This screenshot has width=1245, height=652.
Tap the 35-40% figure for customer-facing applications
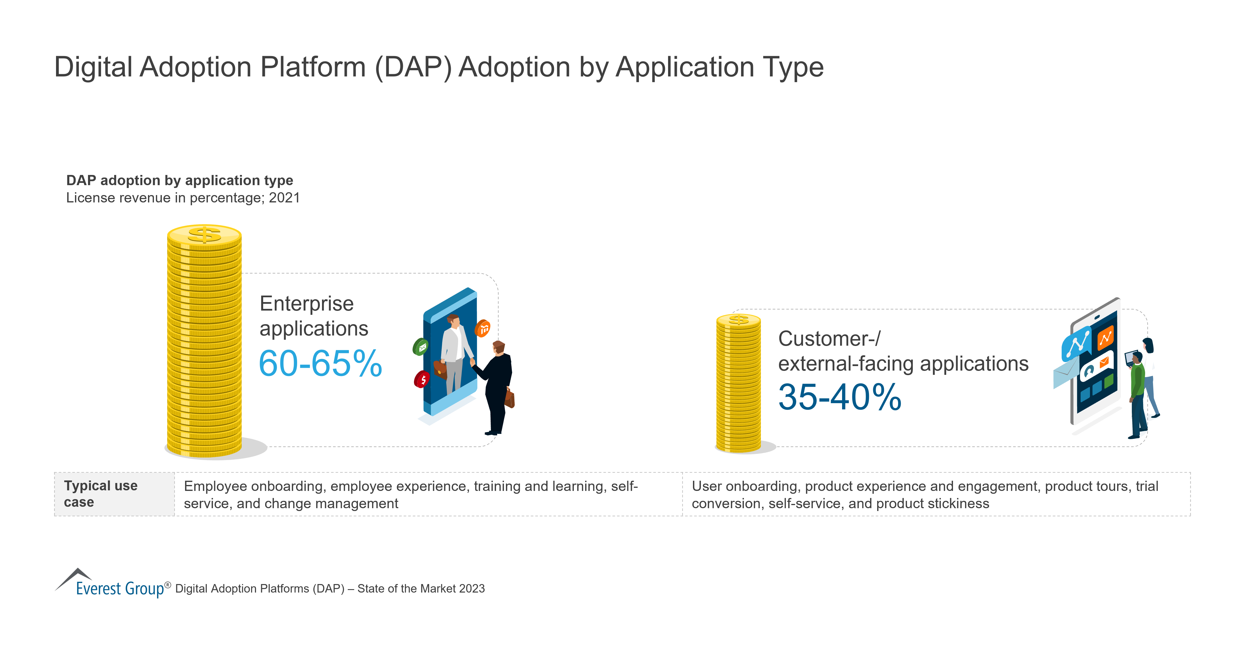click(x=840, y=397)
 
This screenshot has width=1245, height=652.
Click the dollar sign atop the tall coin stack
click(x=205, y=235)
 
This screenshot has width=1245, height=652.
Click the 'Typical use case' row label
click(x=100, y=494)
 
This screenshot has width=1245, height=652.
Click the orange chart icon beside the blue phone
click(x=483, y=328)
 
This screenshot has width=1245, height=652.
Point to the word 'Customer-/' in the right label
click(x=829, y=339)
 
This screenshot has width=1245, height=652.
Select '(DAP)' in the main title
click(x=413, y=67)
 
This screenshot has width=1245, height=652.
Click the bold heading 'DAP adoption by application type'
click(x=179, y=180)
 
